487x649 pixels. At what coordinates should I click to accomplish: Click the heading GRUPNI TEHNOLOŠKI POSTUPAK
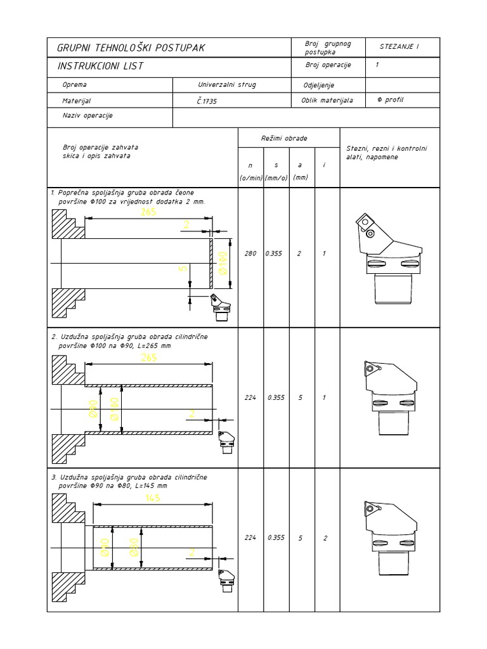131,48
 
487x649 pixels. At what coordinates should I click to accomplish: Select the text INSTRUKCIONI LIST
100,66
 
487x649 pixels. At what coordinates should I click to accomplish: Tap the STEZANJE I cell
399,46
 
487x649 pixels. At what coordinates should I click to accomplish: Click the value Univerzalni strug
227,84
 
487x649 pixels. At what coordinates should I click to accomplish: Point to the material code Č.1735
207,101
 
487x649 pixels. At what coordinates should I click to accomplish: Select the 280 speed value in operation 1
250,254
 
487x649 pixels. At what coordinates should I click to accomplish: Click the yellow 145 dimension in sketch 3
152,498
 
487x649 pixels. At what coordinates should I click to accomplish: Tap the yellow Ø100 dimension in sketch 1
223,262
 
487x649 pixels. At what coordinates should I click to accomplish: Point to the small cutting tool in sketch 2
226,441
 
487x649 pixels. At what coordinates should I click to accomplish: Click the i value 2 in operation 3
325,538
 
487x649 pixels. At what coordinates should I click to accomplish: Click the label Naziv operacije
87,116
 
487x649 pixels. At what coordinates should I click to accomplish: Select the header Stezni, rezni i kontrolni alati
386,148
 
